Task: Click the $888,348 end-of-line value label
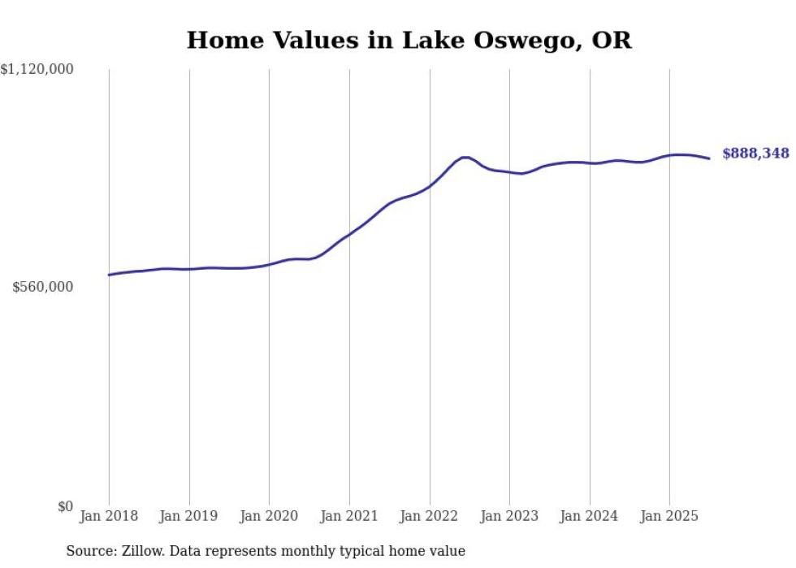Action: click(755, 153)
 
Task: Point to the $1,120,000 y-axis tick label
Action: click(37, 70)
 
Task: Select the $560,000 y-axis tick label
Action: click(43, 287)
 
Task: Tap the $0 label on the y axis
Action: click(65, 506)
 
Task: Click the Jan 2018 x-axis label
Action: click(109, 516)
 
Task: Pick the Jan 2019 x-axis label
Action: click(189, 516)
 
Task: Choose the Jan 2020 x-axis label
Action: click(269, 516)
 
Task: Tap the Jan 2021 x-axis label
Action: click(349, 516)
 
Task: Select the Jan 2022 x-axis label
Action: click(430, 516)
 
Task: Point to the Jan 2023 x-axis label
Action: click(509, 516)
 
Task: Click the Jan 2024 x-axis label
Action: click(590, 516)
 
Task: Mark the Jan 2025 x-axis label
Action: click(669, 516)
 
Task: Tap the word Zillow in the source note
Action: click(143, 551)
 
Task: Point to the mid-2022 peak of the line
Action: click(465, 157)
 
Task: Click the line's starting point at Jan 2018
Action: click(109, 275)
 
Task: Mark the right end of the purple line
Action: click(709, 158)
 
